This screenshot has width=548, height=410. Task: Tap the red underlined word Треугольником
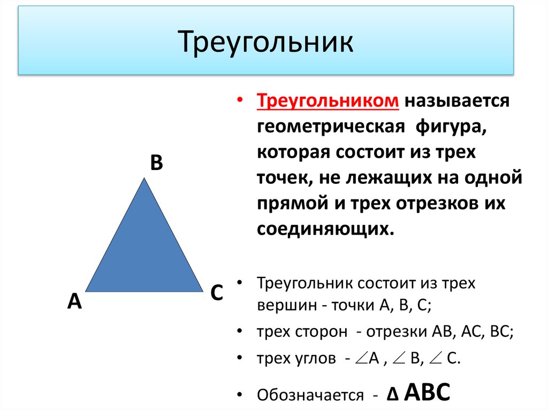coord(328,102)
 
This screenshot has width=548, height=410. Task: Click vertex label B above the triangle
coord(156,163)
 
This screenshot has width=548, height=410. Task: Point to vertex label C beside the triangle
coord(216,293)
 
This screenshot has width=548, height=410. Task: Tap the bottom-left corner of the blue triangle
coord(86,291)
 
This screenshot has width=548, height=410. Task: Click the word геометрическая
coord(329,128)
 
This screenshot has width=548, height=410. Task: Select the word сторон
coord(321,332)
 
